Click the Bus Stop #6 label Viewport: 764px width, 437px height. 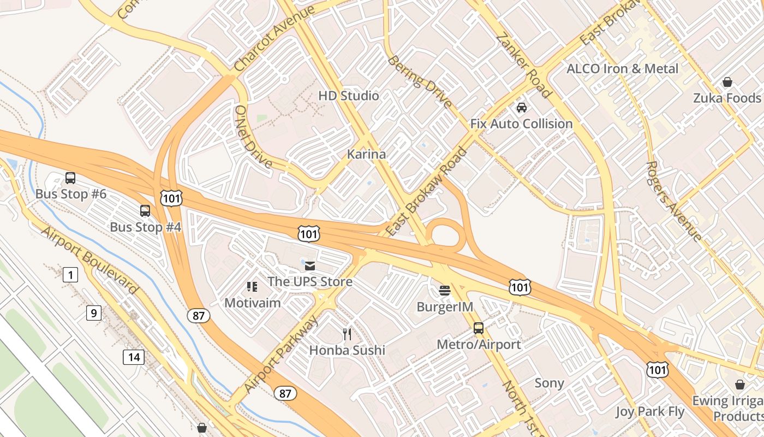(x=71, y=194)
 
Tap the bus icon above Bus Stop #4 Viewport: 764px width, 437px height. (x=145, y=211)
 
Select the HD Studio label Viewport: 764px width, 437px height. (x=349, y=96)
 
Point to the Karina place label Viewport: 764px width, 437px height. (x=366, y=155)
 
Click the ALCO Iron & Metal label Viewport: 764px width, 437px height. (x=622, y=69)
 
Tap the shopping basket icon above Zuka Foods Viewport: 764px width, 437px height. (x=727, y=82)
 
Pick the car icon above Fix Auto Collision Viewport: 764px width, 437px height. (x=522, y=108)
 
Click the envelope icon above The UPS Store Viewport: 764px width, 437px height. (x=310, y=266)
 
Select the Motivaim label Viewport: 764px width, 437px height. (x=253, y=303)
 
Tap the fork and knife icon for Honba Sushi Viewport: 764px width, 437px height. (x=347, y=334)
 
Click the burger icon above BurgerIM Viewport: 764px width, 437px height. (x=445, y=290)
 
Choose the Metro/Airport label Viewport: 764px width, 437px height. (x=479, y=345)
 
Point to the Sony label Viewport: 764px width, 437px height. (x=549, y=383)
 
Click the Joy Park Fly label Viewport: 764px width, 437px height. (x=650, y=411)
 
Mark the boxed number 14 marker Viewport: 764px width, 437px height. (x=134, y=358)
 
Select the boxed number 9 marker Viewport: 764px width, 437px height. (x=94, y=313)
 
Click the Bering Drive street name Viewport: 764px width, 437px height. (x=420, y=81)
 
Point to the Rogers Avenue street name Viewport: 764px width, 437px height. (x=673, y=201)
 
